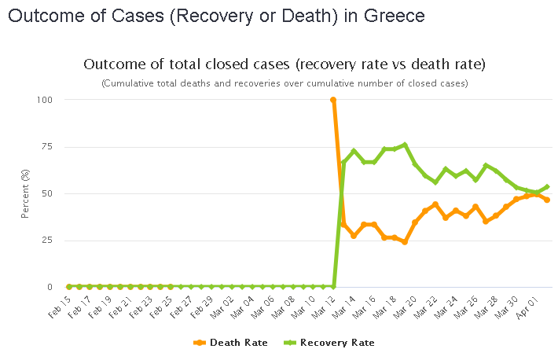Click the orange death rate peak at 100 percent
[x=333, y=100]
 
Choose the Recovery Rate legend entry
[x=337, y=343]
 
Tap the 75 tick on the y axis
[x=47, y=147]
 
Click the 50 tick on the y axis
[x=47, y=193]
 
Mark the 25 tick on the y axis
[x=47, y=241]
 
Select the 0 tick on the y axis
[x=50, y=287]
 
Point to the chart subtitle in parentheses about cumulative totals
[x=284, y=83]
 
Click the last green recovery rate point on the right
[x=547, y=187]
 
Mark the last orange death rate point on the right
[x=547, y=200]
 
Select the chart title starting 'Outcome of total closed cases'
[x=284, y=64]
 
